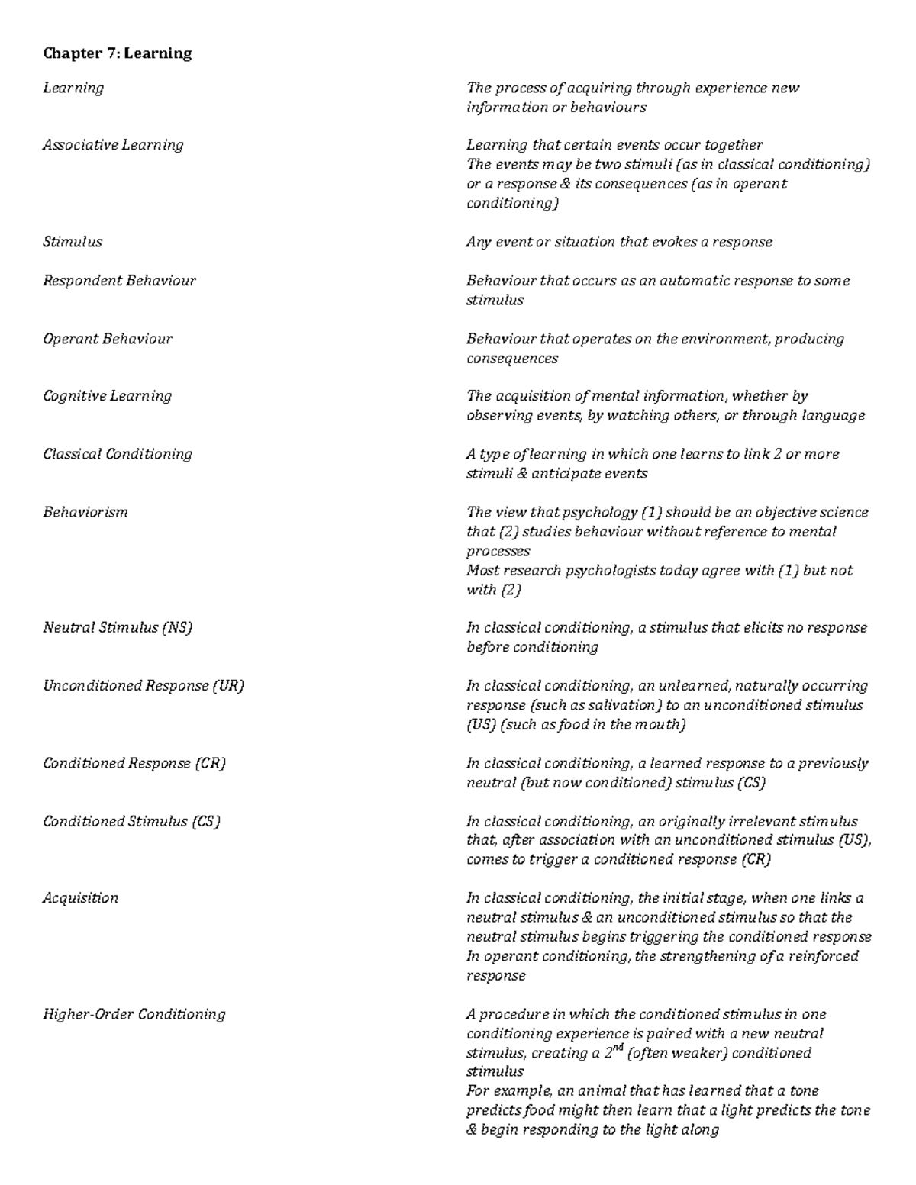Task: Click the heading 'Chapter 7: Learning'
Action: (117, 53)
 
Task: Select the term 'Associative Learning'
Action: (113, 145)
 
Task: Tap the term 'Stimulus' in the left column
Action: (73, 242)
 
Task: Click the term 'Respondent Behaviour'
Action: (119, 281)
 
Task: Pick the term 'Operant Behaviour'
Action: (108, 339)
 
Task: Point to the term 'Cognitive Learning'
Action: (108, 396)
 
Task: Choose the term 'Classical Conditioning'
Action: (118, 454)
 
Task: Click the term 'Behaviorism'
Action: (85, 512)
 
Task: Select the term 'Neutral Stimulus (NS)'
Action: (118, 628)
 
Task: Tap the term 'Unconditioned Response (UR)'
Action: (144, 686)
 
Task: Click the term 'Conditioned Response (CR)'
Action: (134, 763)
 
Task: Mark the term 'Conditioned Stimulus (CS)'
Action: (131, 822)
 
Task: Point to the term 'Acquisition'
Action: (80, 898)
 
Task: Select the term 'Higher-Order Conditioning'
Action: (134, 1014)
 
